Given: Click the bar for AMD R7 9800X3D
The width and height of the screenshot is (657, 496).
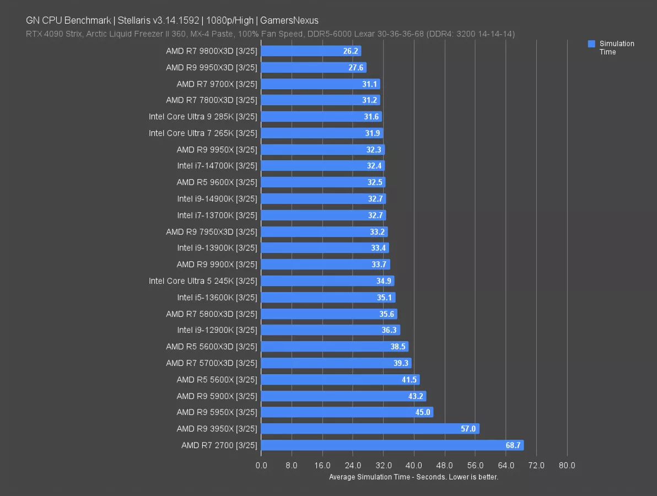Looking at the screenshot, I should [311, 51].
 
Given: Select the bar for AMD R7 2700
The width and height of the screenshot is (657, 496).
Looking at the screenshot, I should [392, 445].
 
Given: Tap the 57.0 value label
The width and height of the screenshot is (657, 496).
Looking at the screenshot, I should [468, 429].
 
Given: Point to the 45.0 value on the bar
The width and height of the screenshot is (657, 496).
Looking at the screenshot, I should [422, 412].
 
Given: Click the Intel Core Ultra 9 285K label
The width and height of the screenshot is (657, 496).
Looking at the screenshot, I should [203, 117].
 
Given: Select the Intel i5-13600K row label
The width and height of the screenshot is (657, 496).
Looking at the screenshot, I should [217, 298].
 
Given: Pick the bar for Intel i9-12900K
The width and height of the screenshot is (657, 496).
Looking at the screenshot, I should [330, 330].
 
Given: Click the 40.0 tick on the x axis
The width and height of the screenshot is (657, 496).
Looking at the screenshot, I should [414, 466].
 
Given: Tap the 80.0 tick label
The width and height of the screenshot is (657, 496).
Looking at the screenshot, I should [567, 466].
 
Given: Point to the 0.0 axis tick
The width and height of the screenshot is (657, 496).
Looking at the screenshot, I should [261, 466].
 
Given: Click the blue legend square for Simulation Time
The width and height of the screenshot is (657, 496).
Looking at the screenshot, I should [591, 44].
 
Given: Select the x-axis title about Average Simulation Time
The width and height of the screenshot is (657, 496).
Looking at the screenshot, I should [413, 477].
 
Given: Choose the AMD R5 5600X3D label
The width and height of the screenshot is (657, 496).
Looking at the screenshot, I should [212, 347].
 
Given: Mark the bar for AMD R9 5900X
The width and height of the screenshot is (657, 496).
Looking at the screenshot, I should [343, 396].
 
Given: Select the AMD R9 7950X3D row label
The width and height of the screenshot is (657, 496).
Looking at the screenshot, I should [212, 232].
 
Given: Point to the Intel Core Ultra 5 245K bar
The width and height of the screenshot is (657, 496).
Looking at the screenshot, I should [327, 281].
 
